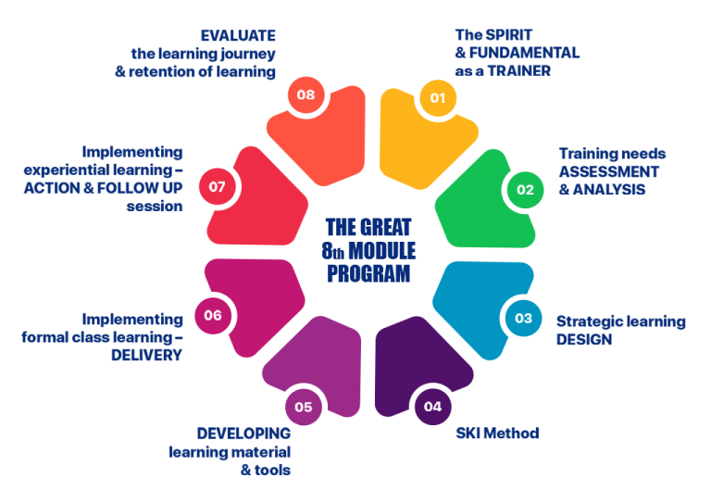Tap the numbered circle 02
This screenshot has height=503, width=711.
click(525, 190)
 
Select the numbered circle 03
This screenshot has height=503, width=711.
click(523, 318)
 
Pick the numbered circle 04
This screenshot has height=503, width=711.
click(432, 406)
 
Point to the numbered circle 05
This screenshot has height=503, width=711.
click(304, 406)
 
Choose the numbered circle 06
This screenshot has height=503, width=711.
click(213, 315)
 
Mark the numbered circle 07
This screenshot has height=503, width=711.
click(218, 186)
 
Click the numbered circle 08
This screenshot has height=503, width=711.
click(306, 94)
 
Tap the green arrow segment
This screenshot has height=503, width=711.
click(481, 208)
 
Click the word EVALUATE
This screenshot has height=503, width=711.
click(238, 35)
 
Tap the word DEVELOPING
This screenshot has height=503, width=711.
click(243, 433)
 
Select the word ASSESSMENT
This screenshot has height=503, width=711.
click(608, 171)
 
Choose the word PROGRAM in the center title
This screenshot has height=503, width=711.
click(368, 273)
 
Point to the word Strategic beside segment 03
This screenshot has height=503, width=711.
click(590, 321)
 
